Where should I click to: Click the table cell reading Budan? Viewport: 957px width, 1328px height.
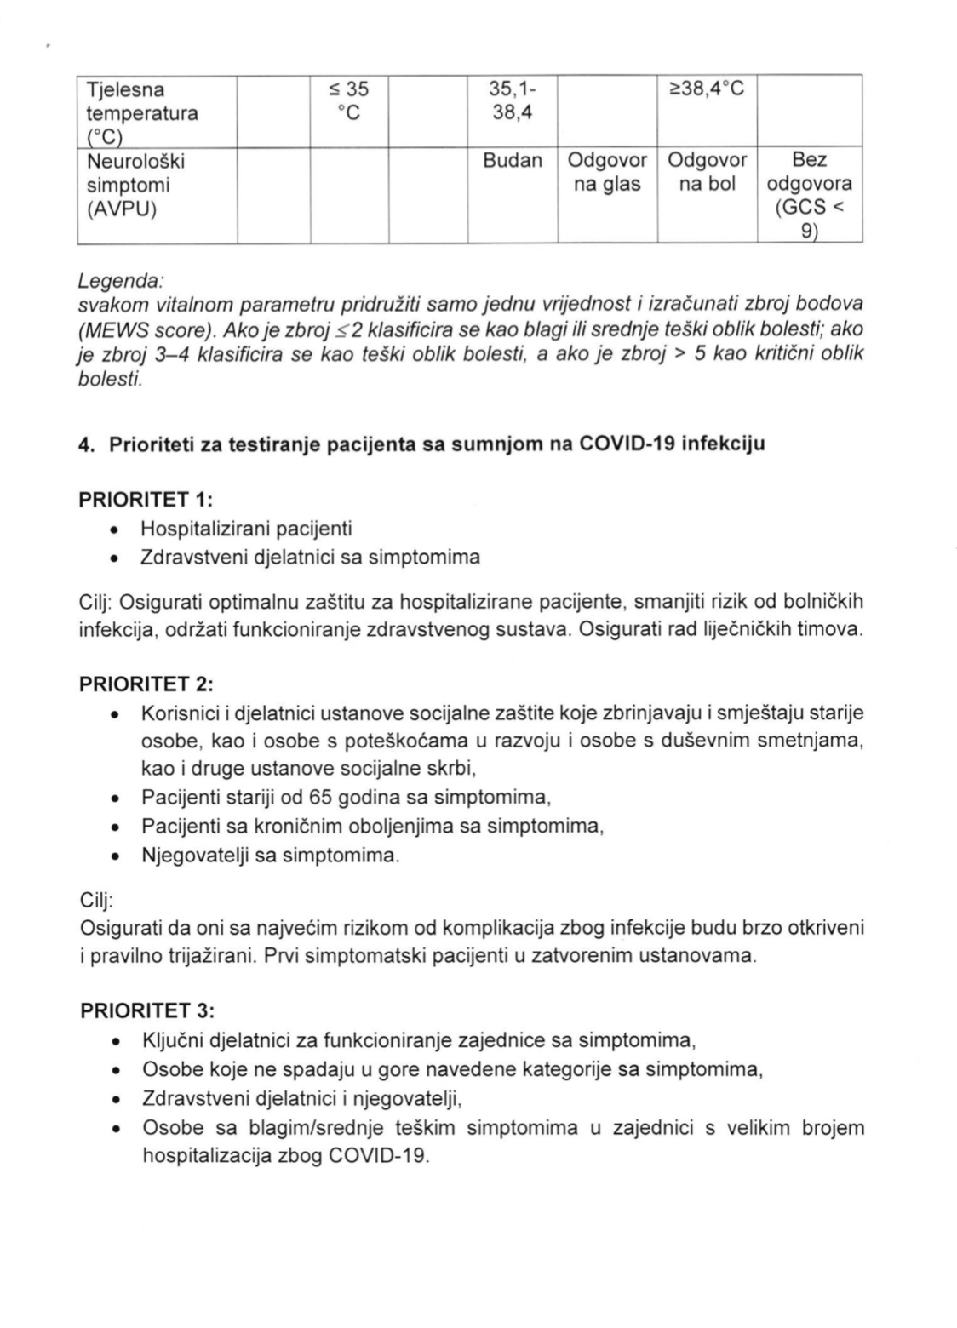point(513,161)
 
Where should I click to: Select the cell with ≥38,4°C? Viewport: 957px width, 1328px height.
point(707,89)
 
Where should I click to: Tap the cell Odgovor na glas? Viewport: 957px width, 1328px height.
point(607,173)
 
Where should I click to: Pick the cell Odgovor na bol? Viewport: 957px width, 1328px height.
point(707,173)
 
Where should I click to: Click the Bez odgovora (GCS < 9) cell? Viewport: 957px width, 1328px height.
point(810,196)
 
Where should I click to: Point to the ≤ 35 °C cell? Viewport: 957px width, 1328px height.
point(348,101)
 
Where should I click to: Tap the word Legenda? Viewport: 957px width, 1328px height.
point(119,280)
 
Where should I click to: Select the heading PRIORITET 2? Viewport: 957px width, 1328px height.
point(146,684)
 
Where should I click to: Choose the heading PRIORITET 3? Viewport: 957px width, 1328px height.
point(146,1010)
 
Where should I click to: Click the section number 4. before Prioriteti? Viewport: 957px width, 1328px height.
point(86,444)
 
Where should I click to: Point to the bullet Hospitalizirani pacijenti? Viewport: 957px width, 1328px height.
point(246,529)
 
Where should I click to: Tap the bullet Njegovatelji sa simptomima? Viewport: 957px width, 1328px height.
point(270,856)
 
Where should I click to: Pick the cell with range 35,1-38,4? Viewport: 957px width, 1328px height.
point(513,101)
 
